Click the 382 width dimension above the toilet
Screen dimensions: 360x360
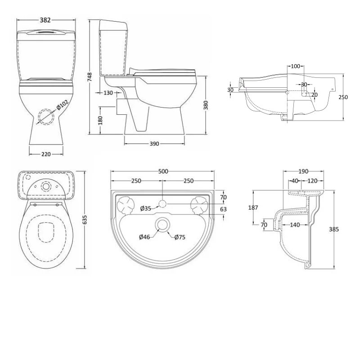pos(45,20)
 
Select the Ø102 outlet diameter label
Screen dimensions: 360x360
pos(62,105)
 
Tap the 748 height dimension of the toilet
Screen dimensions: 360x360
pos(90,77)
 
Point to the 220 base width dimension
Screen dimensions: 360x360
pos(46,154)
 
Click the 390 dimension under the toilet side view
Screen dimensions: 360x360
pos(154,144)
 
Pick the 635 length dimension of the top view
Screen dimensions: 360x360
pos(85,220)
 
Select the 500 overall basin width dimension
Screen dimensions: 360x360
pos(163,171)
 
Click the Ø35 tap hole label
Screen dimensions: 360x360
pos(145,208)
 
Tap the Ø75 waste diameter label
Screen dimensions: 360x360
pos(180,237)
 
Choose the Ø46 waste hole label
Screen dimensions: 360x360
pos(144,237)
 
